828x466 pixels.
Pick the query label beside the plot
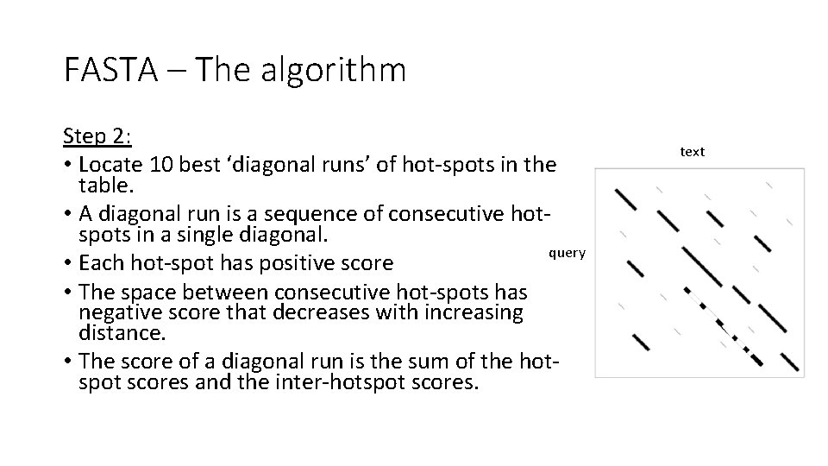pos(567,252)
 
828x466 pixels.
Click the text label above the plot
pos(692,151)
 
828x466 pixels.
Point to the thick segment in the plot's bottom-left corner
pos(641,341)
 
